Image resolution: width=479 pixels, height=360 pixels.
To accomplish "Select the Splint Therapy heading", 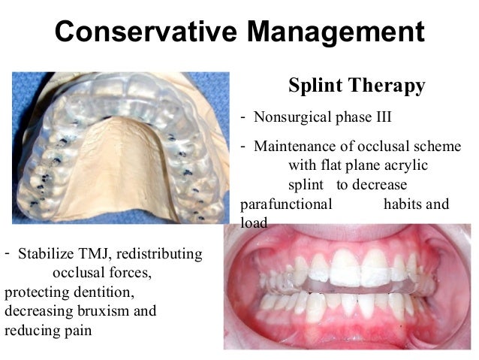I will click(x=357, y=86).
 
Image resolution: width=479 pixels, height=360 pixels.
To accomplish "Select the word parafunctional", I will click(x=287, y=204).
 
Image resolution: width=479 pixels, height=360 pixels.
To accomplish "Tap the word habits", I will click(x=405, y=204).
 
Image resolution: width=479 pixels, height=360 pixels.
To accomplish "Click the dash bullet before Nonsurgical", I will click(x=243, y=117).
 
